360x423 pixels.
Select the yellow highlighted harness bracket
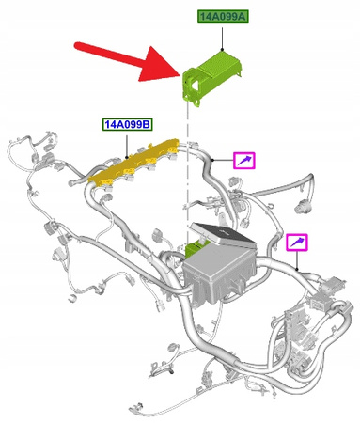(141, 161)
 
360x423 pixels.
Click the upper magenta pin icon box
(243, 161)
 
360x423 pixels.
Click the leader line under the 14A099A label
(222, 37)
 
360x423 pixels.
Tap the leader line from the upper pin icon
(223, 161)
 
